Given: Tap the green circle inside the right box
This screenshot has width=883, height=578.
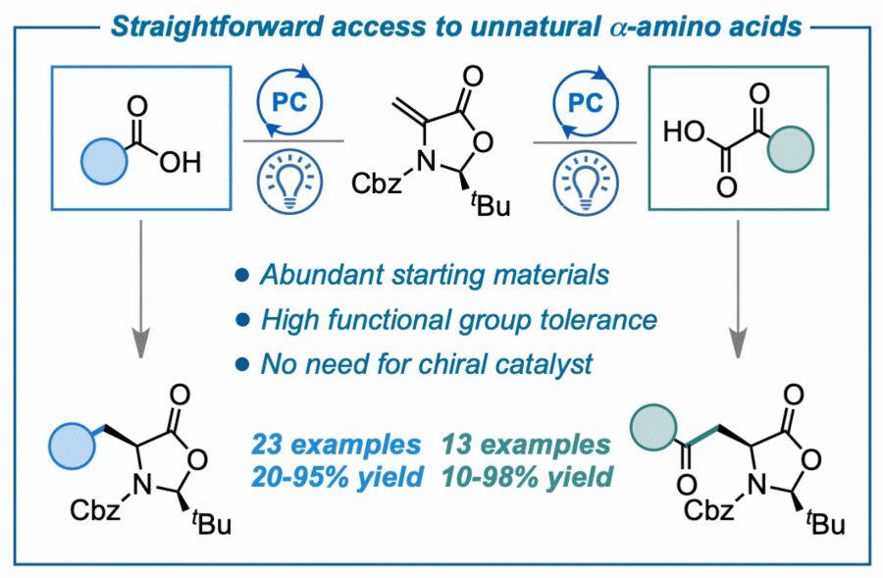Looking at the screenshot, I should [790, 151].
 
